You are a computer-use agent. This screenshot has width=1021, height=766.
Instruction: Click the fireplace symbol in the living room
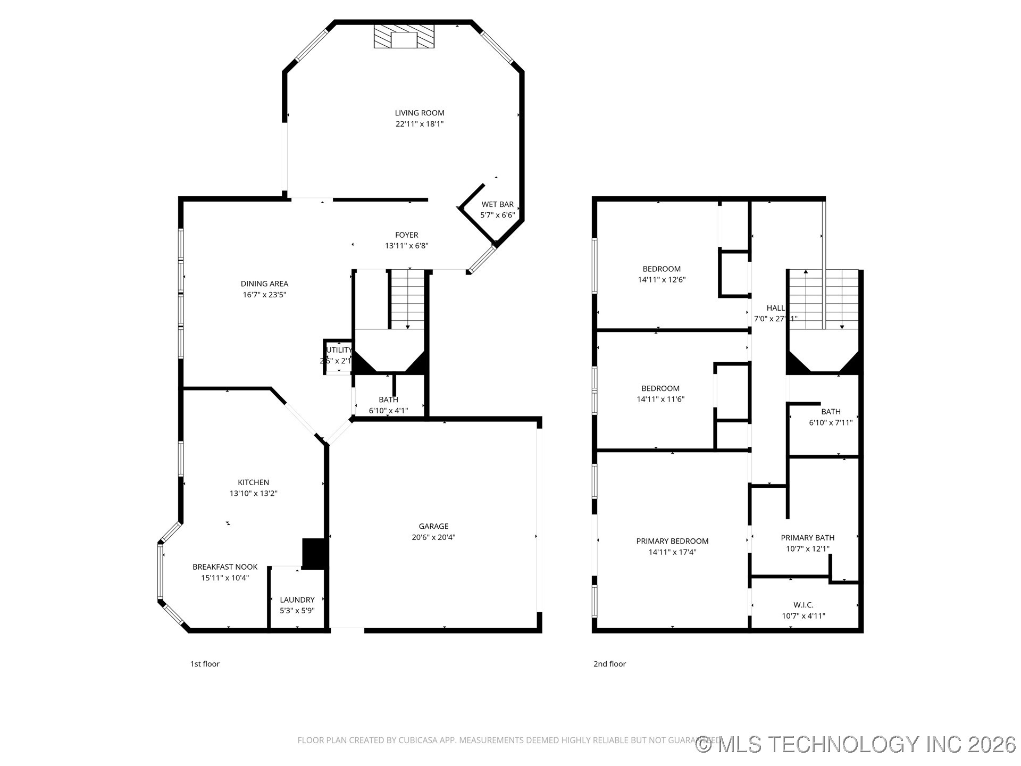404,37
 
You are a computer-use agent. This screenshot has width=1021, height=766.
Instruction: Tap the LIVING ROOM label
419,113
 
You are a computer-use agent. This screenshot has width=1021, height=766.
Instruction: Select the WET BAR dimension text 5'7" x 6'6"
497,215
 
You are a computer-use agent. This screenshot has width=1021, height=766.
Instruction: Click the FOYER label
406,235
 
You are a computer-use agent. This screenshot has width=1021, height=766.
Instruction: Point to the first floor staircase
408,299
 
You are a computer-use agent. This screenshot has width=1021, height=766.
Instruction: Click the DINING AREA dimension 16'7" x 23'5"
264,295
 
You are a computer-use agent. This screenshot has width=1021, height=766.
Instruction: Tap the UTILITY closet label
339,350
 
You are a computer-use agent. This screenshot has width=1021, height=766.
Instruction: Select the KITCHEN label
253,482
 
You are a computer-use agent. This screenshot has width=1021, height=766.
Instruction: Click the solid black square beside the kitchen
314,554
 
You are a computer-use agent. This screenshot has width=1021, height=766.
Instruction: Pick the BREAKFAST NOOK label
225,567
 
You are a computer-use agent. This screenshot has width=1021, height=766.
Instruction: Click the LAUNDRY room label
297,600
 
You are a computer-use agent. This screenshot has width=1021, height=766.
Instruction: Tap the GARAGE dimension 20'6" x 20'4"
433,537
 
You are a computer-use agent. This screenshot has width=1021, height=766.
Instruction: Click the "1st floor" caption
205,664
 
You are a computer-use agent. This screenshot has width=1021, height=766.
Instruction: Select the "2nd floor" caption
609,664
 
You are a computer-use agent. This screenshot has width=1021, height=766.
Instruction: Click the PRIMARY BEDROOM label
672,541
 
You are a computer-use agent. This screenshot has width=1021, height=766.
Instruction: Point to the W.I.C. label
803,605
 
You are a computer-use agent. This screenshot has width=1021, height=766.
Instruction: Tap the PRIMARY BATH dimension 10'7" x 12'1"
807,549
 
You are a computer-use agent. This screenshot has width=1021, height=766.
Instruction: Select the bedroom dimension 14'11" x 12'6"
662,280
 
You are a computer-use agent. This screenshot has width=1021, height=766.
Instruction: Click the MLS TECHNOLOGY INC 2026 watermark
856,744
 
